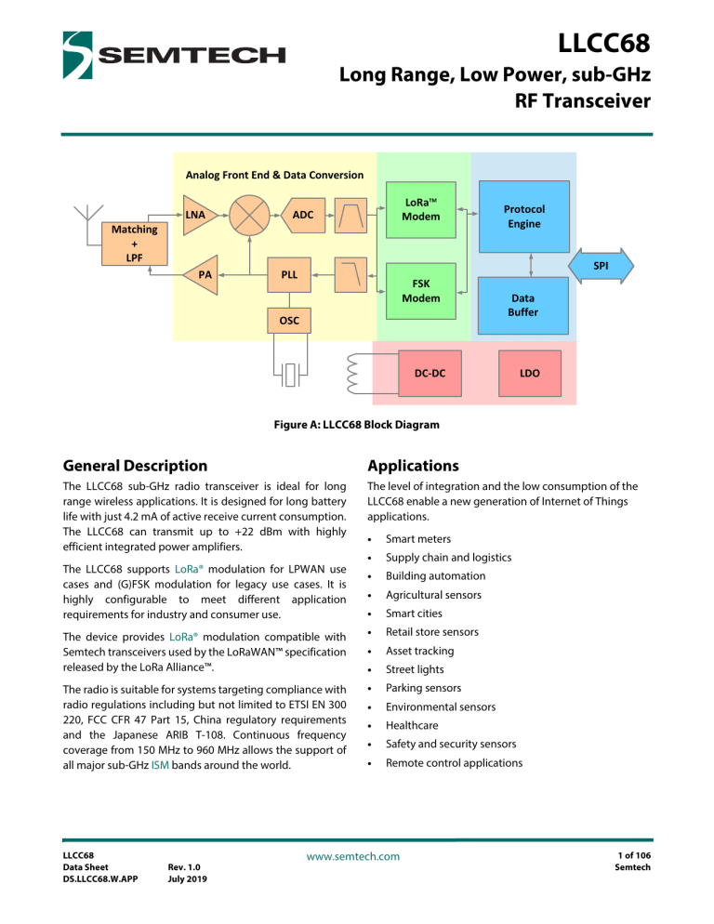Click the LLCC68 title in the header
[x=595, y=44]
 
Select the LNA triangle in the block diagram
[x=196, y=216]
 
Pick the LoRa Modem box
[x=421, y=210]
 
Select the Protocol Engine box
[x=523, y=217]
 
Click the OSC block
[x=289, y=321]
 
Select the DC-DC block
[x=430, y=373]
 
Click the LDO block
[x=529, y=373]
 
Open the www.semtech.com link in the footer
[x=357, y=855]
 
